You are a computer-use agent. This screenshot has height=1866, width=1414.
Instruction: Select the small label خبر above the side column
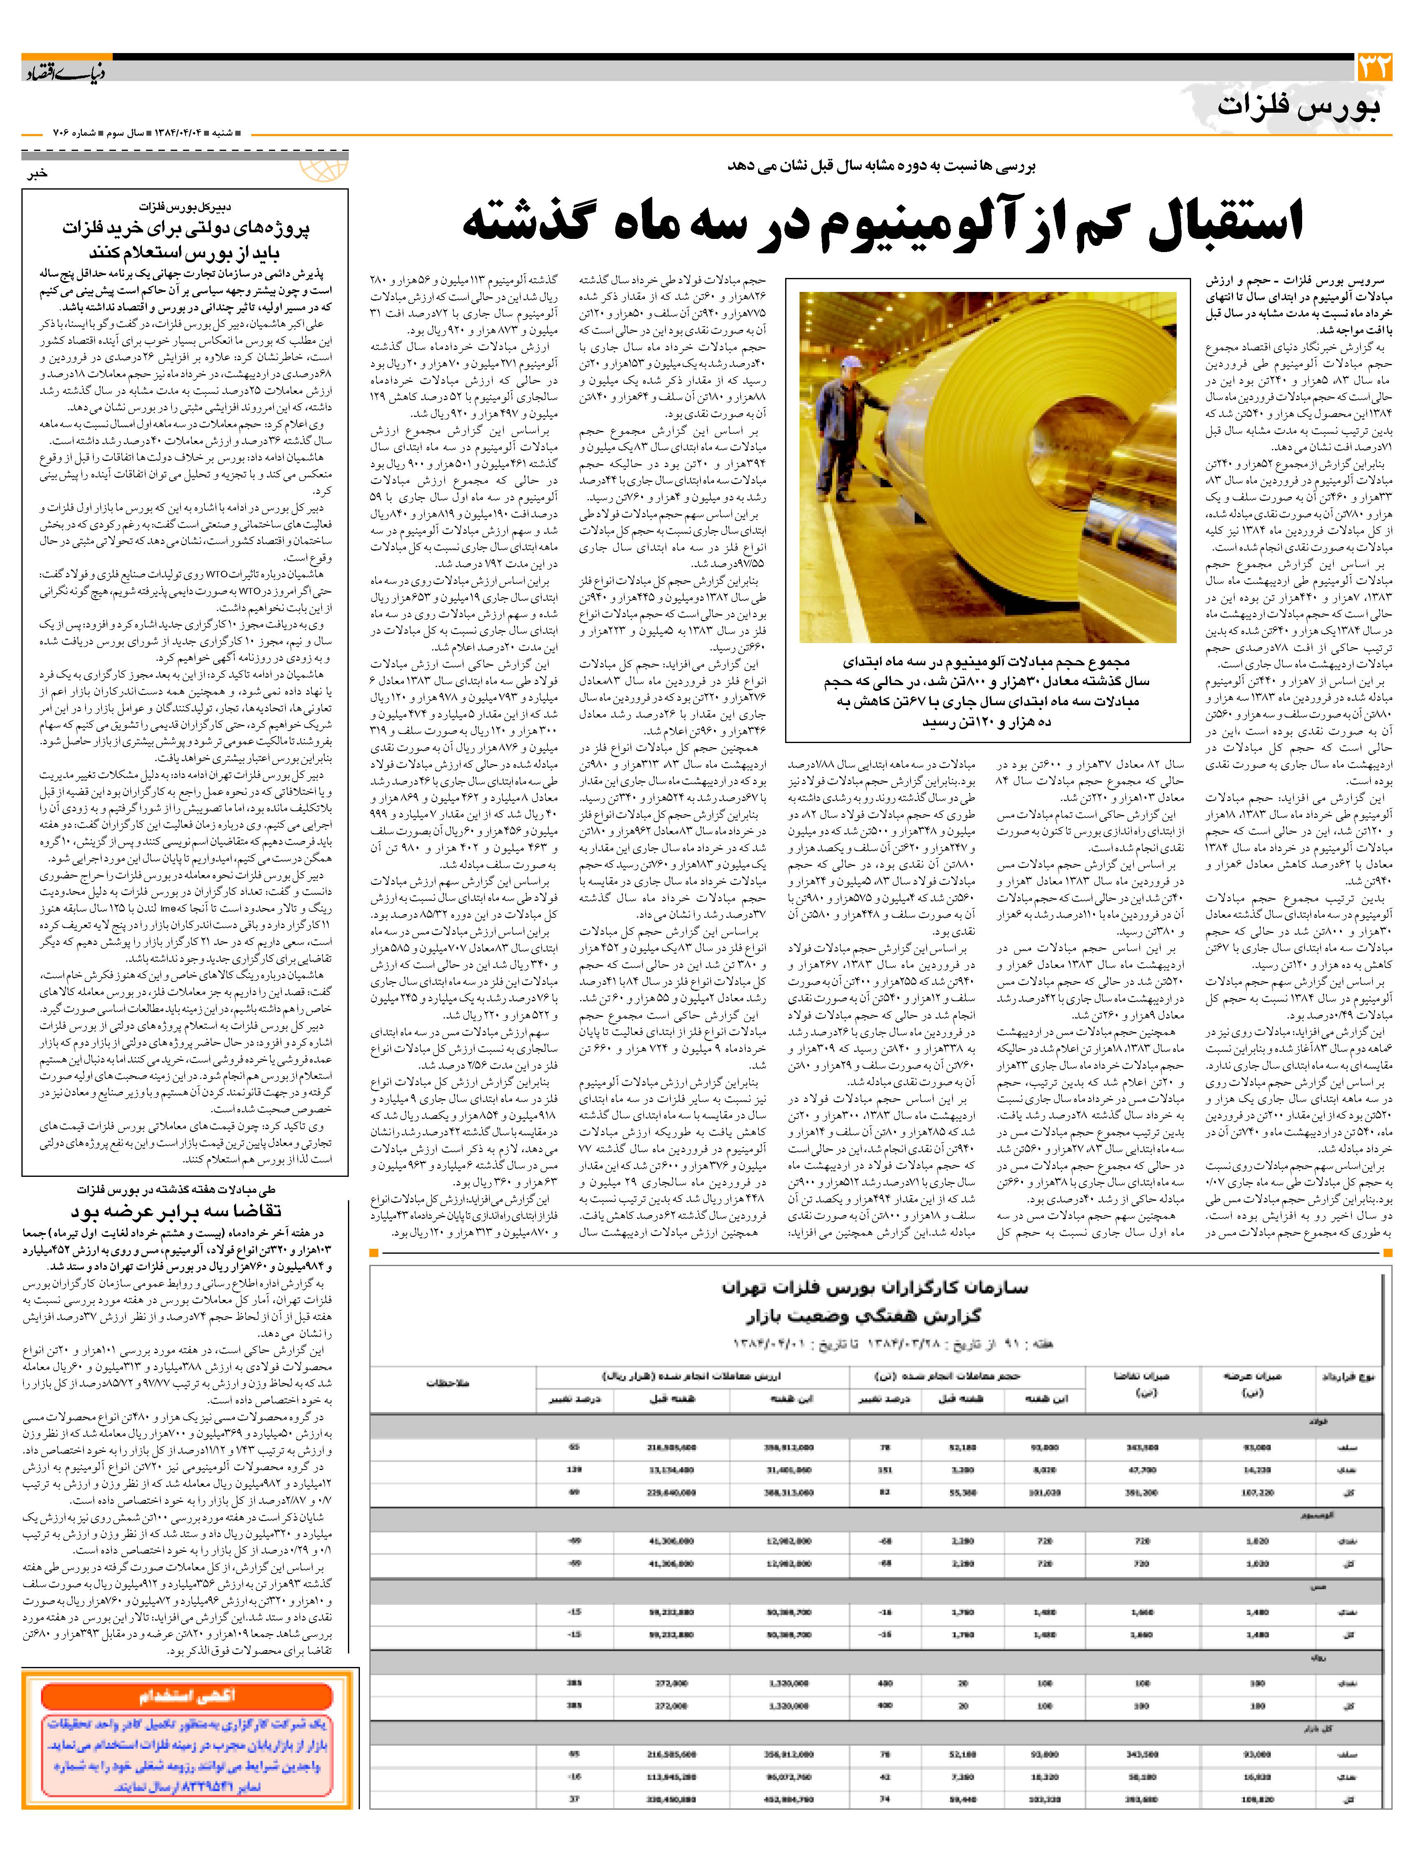point(38,173)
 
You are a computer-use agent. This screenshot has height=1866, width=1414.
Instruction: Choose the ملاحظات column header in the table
point(447,1384)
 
